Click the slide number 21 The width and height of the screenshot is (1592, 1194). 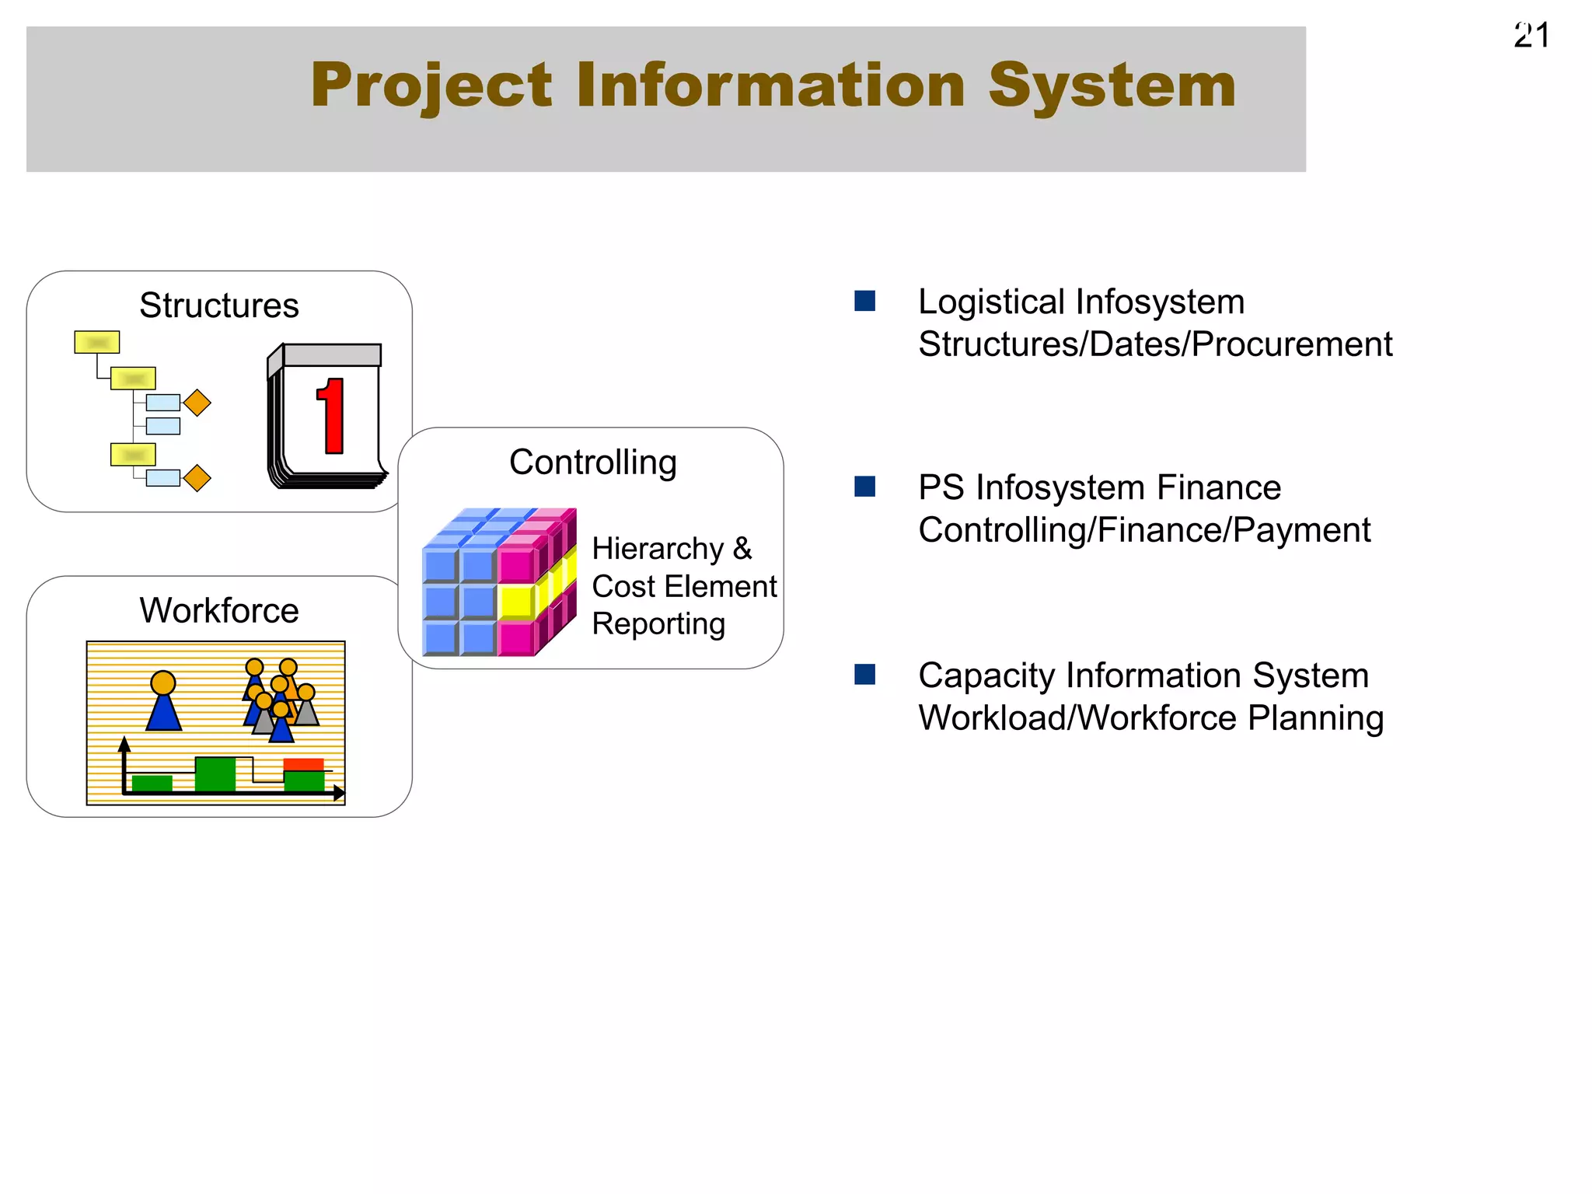[1531, 36]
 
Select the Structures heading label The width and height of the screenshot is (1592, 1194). [218, 305]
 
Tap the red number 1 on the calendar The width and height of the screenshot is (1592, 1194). [332, 416]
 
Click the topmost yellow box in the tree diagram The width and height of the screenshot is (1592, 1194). [97, 342]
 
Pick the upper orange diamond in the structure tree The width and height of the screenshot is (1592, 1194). [197, 403]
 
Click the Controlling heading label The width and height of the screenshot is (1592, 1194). [592, 463]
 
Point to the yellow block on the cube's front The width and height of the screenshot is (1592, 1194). [515, 601]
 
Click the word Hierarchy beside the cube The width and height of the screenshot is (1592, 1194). [657, 549]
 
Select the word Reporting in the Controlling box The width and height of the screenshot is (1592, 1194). [658, 624]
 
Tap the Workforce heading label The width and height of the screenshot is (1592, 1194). [218, 611]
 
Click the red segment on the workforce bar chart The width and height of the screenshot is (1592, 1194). [303, 764]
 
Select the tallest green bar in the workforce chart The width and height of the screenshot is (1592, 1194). [215, 774]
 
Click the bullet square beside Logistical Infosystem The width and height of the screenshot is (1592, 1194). [864, 301]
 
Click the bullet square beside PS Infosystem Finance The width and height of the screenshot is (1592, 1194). [864, 487]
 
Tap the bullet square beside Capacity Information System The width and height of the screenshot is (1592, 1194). [864, 674]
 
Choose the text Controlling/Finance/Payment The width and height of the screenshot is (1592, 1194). [1143, 530]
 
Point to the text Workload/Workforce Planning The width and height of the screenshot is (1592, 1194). [1150, 717]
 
